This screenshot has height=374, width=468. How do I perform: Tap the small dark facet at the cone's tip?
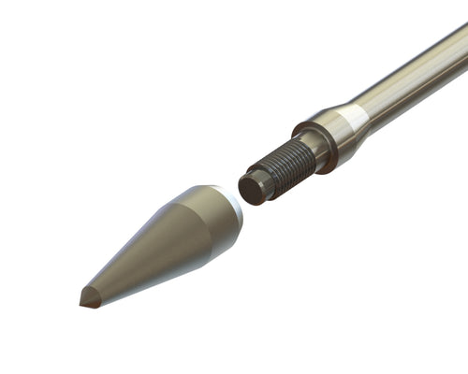[90, 298]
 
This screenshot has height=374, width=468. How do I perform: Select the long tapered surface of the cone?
[150, 252]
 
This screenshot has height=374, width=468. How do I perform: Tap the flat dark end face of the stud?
[250, 188]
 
